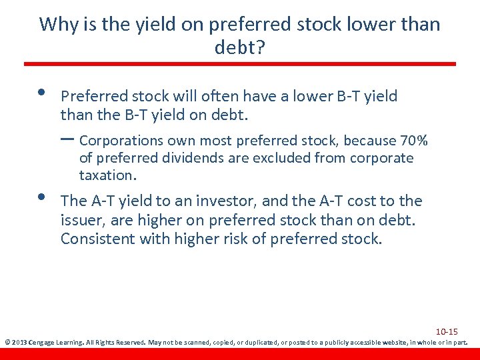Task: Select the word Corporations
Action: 121,141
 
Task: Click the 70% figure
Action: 413,141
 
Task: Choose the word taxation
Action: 107,175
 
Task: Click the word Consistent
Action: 97,238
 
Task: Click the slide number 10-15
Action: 447,331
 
